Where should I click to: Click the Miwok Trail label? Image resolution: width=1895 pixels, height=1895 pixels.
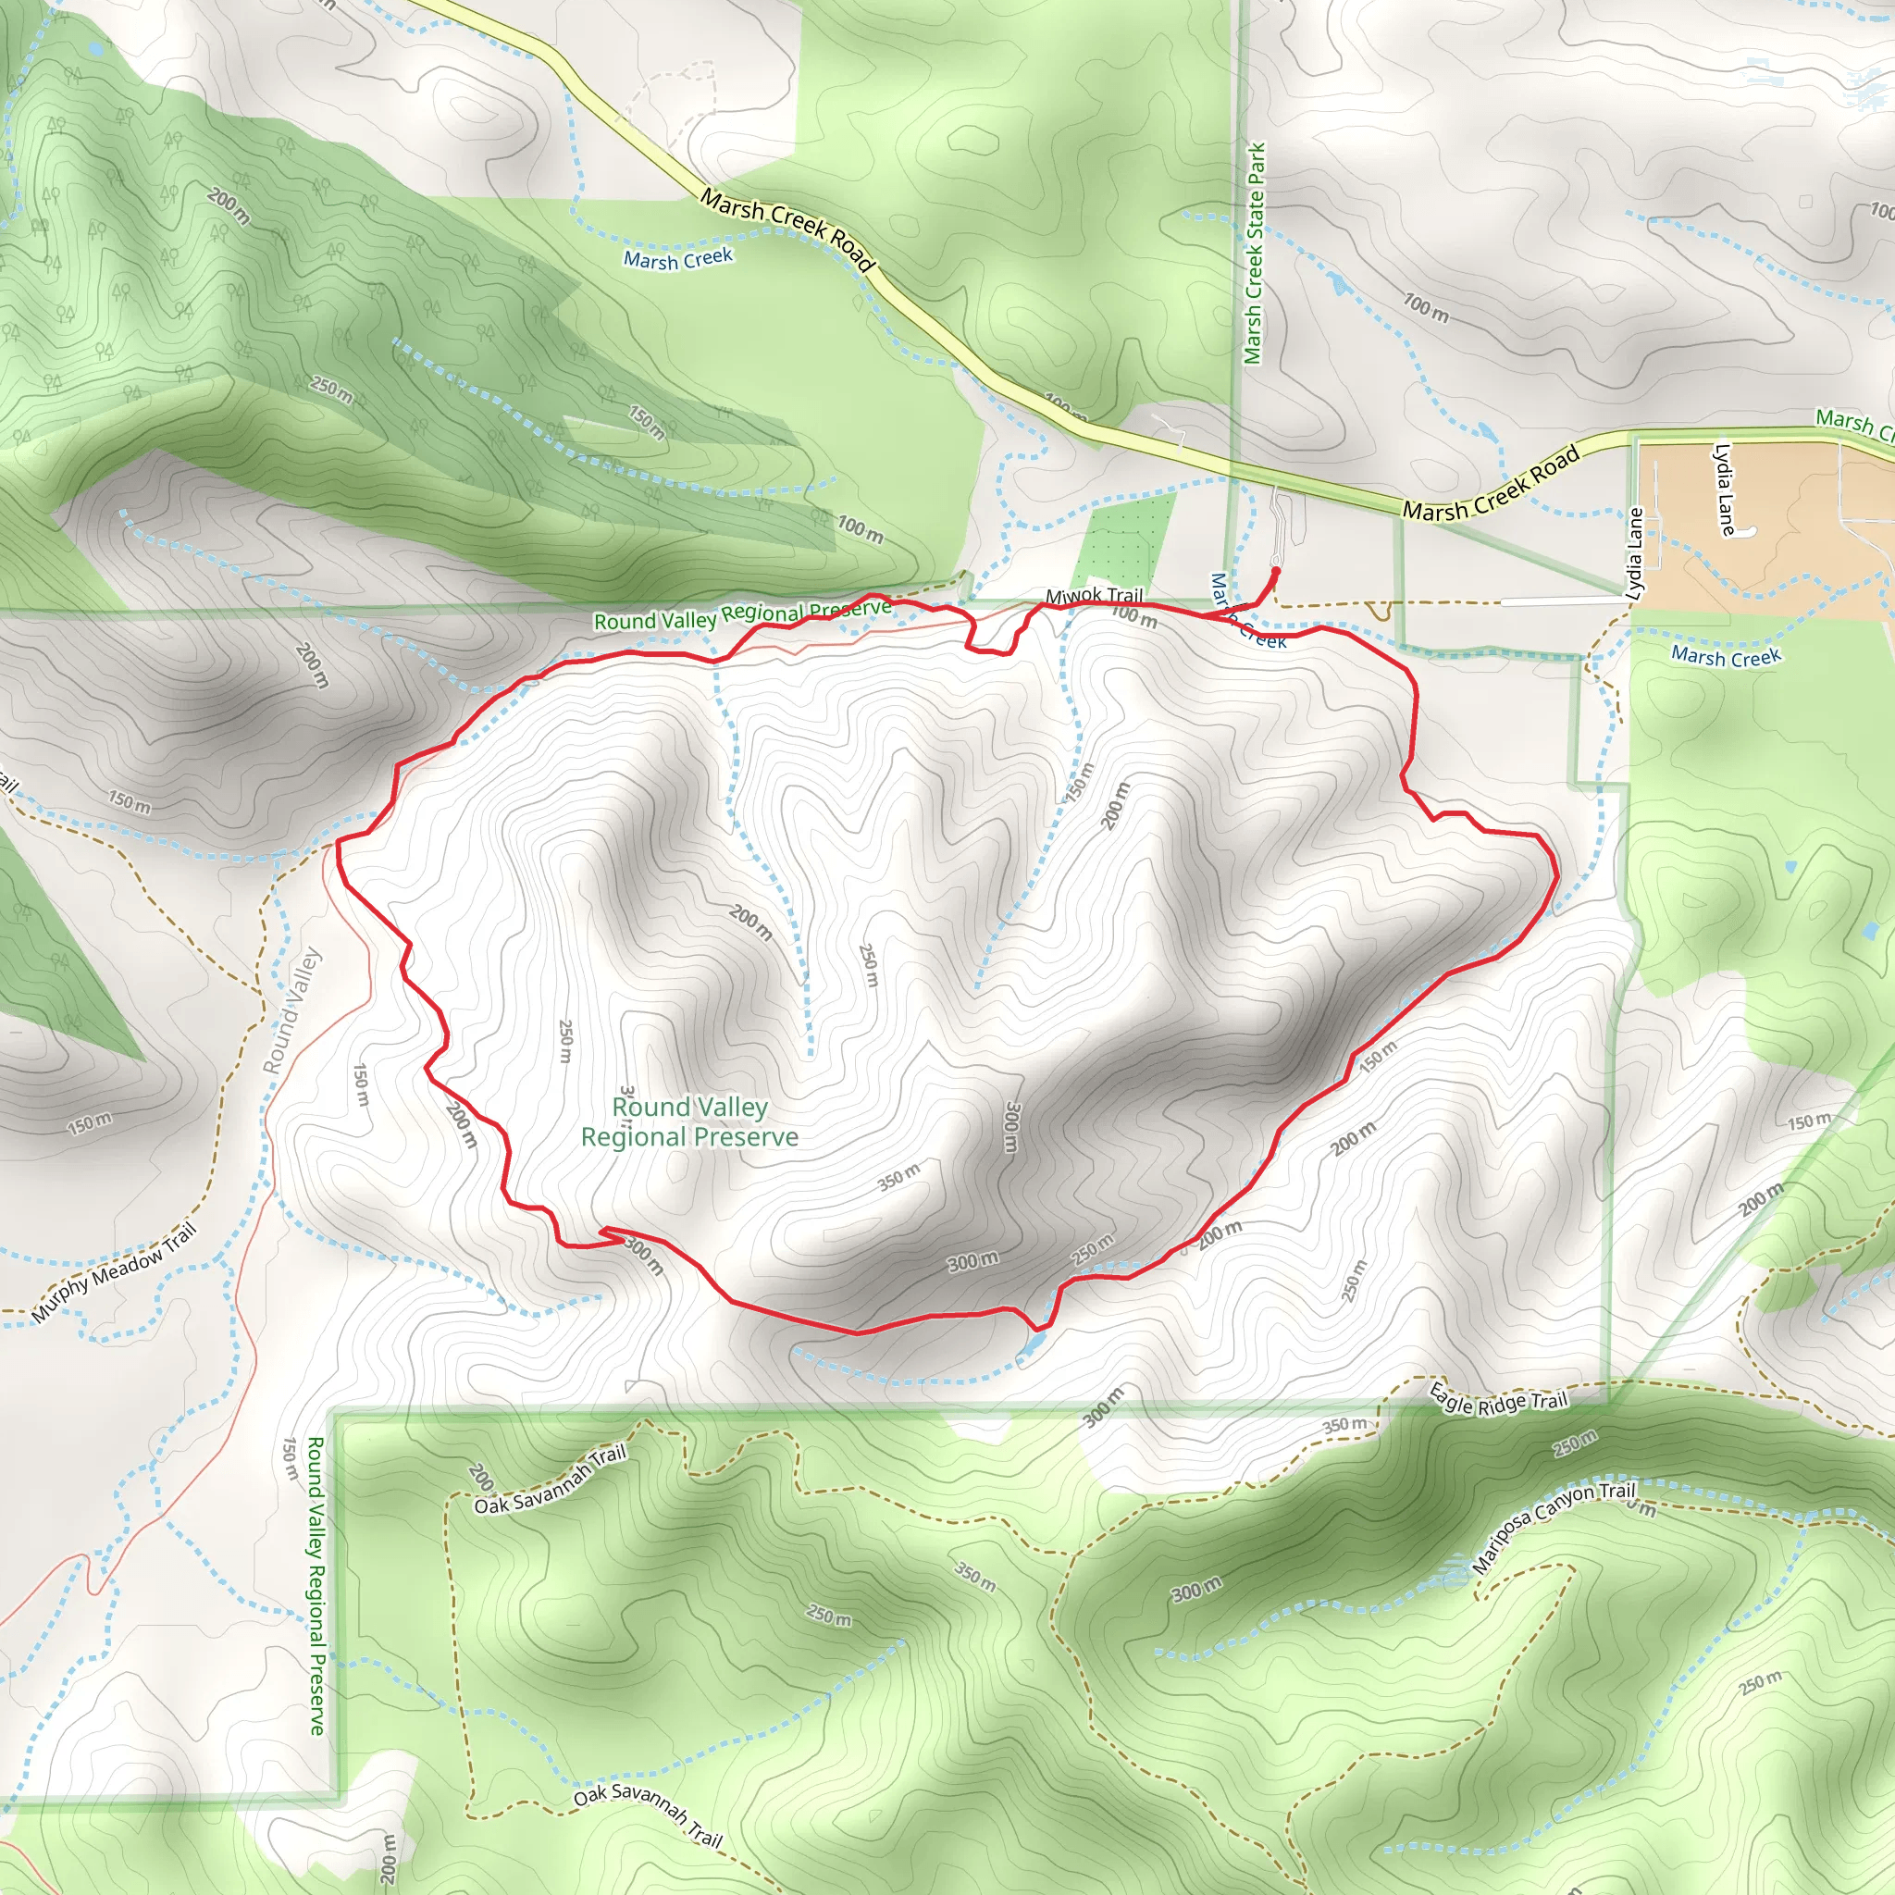click(1094, 595)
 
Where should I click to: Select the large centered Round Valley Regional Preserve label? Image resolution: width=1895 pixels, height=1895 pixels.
click(689, 1122)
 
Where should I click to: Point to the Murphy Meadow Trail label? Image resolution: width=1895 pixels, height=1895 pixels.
click(115, 1272)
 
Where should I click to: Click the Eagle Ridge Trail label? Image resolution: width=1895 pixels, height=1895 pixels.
click(1498, 1399)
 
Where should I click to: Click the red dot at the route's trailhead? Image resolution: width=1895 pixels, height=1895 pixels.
click(1276, 570)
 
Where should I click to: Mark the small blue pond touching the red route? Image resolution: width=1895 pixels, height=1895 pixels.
click(1032, 1343)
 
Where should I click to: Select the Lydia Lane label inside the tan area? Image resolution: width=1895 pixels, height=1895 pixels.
click(1723, 489)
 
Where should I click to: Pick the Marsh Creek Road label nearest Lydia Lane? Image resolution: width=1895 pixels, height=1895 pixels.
click(1491, 484)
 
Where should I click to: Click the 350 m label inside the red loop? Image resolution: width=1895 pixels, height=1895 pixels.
click(898, 1176)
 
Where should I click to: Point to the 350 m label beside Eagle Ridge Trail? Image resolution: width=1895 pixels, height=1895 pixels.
click(1344, 1424)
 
